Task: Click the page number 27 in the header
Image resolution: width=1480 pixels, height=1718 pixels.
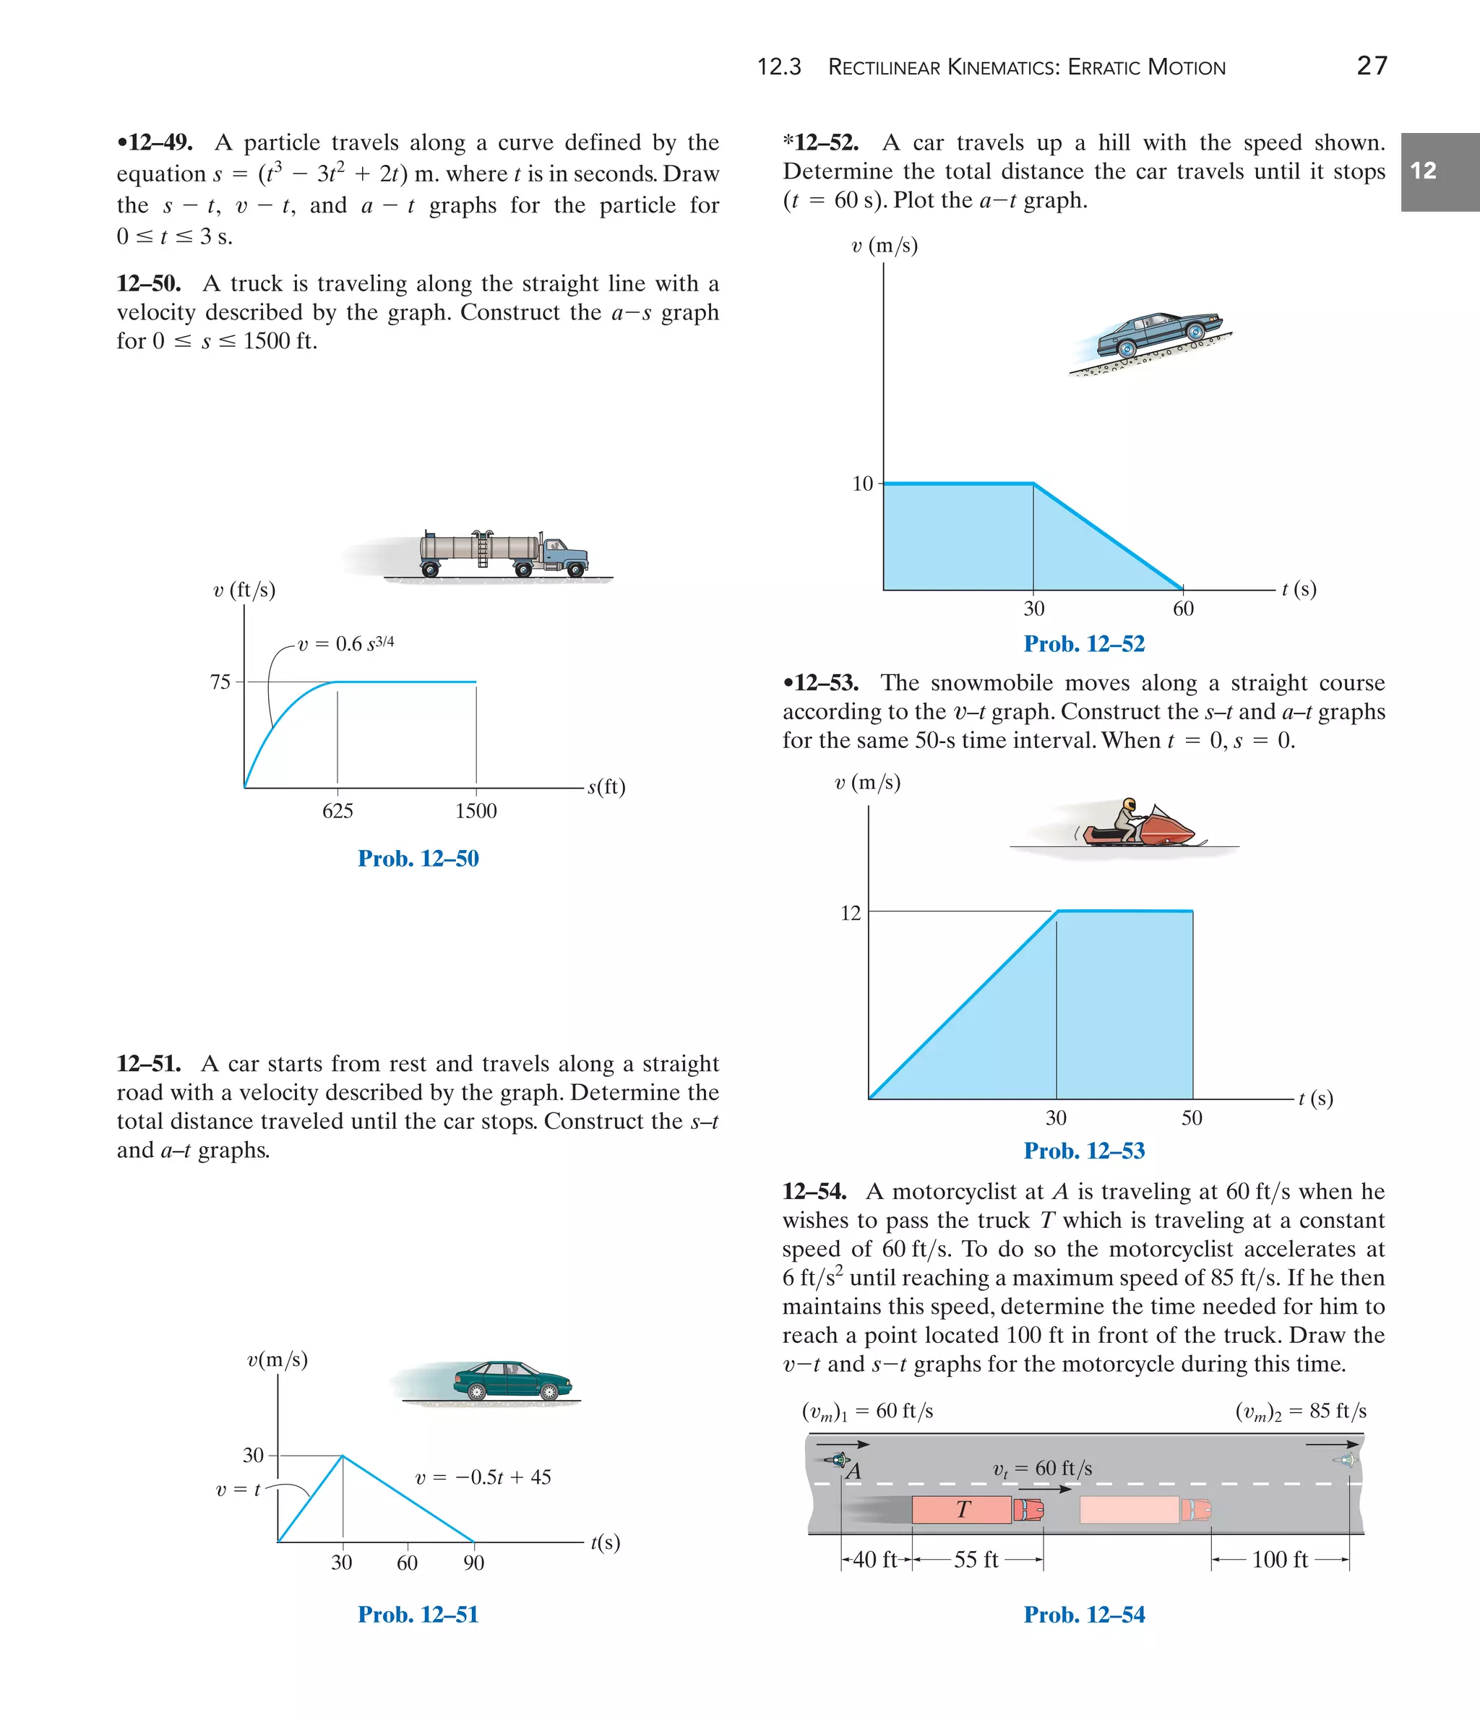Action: click(1372, 66)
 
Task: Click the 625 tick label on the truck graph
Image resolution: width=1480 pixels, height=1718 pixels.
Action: click(337, 811)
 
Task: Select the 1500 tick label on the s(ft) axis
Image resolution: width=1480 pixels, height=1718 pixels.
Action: click(476, 811)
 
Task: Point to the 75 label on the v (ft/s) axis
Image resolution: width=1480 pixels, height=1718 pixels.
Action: click(220, 682)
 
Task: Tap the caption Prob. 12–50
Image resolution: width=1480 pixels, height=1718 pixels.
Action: click(418, 858)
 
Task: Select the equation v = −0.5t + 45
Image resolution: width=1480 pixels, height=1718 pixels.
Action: click(483, 1477)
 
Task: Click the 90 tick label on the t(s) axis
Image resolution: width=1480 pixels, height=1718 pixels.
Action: click(473, 1562)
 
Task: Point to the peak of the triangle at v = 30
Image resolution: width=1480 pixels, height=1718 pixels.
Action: click(343, 1455)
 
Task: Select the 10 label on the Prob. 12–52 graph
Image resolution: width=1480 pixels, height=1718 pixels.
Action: click(862, 484)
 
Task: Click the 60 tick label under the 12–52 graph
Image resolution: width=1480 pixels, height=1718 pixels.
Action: click(1183, 609)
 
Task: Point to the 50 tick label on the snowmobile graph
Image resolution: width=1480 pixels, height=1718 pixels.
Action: click(1192, 1117)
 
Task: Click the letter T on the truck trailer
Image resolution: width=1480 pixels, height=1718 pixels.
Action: click(963, 1509)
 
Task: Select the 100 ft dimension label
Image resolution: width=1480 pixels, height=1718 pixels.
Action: click(1279, 1560)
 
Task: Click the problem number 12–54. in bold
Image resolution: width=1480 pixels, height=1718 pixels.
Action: click(814, 1192)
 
